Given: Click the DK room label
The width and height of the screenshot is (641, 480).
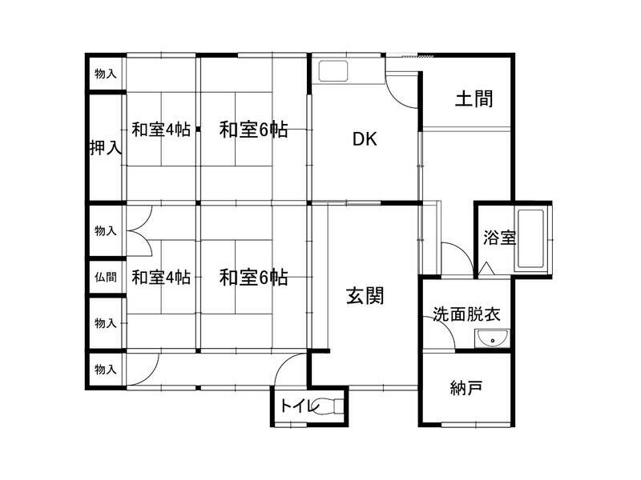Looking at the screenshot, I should [x=365, y=138].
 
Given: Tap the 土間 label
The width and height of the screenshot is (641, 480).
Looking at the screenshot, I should [x=474, y=99].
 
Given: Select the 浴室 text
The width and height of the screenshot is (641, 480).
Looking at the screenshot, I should [x=498, y=238].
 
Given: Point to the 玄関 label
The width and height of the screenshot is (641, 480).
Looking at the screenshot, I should [x=365, y=296].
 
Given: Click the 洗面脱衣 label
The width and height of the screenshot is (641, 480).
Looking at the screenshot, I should [x=466, y=314].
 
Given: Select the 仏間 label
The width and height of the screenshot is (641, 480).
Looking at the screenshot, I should [x=105, y=278].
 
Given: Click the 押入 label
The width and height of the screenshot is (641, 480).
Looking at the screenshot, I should [x=105, y=148].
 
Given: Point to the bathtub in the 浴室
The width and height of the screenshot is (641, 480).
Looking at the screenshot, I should [x=531, y=239].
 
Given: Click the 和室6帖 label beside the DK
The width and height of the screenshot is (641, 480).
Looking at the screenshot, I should [x=254, y=129].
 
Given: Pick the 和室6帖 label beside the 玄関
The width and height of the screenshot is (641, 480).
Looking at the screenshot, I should [x=254, y=278].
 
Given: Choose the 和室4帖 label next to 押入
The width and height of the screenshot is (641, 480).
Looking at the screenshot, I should [x=161, y=129].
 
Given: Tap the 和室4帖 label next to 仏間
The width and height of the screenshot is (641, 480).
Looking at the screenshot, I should [x=161, y=278].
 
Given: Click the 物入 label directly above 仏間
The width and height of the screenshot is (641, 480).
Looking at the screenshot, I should [x=105, y=230].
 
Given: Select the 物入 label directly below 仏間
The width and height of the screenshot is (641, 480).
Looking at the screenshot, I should [x=105, y=323].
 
